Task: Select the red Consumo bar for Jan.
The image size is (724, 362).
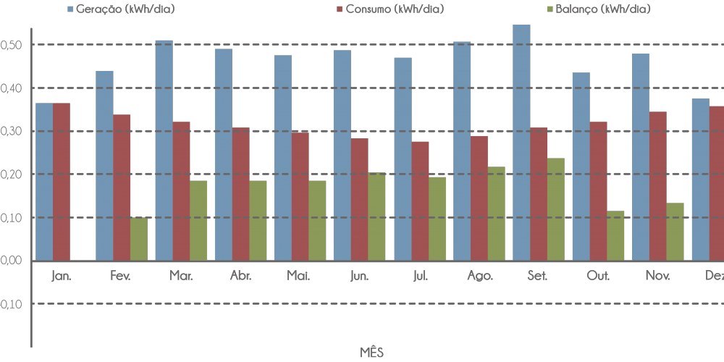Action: coord(62,182)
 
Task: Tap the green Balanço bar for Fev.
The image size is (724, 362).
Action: coord(138,239)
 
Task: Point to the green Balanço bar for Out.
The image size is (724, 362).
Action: coord(615,236)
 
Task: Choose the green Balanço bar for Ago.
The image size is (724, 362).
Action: coord(496,214)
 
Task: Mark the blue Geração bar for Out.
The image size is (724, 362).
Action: coord(581,167)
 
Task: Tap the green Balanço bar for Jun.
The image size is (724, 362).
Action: coord(376,216)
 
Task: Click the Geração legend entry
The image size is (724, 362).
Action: coord(120,9)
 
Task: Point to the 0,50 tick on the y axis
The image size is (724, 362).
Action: coord(14,45)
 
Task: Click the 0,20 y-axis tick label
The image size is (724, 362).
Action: coord(14,174)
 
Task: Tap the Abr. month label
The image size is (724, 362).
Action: coord(240,276)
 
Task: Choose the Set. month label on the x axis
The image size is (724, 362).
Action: coord(538,276)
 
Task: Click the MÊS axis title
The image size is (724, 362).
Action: coord(372,353)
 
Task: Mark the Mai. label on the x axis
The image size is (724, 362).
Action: coord(300,276)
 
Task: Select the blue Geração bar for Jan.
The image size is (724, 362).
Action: coord(45,182)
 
